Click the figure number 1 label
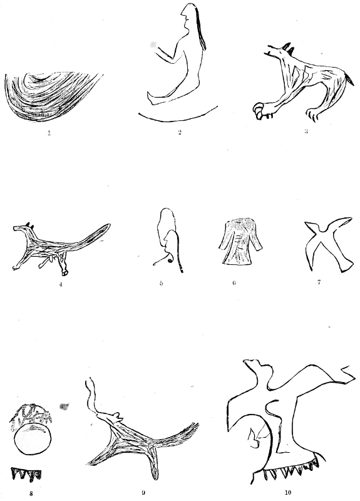coord(49,133)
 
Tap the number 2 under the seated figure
coord(180,132)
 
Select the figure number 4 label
coord(61,284)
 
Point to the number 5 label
coord(162,283)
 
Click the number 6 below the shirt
coord(234,283)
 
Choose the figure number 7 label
coord(319,282)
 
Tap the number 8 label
coord(31,493)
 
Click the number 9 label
coord(143,493)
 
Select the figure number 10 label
coord(288,492)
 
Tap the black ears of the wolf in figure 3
coord(288,48)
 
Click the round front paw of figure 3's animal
coord(259,110)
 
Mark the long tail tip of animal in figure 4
coord(107,227)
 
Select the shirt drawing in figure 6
coord(240,241)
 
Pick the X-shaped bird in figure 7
coord(328,244)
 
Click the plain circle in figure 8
coord(33,439)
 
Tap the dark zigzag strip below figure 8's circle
coord(26,474)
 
